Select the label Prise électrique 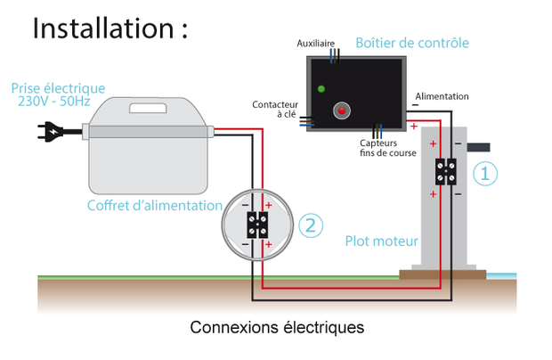point(58,88)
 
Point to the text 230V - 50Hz point(58,102)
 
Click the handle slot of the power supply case point(152,110)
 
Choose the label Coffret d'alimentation point(154,205)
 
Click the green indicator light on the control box point(321,87)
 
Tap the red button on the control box point(340,111)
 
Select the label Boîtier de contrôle point(411,43)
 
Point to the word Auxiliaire point(317,43)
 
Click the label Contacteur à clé point(273,109)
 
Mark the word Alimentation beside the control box point(442,96)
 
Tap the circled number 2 point(309,225)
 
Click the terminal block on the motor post point(446,171)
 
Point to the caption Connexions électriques point(277,327)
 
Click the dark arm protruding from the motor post point(478,146)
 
